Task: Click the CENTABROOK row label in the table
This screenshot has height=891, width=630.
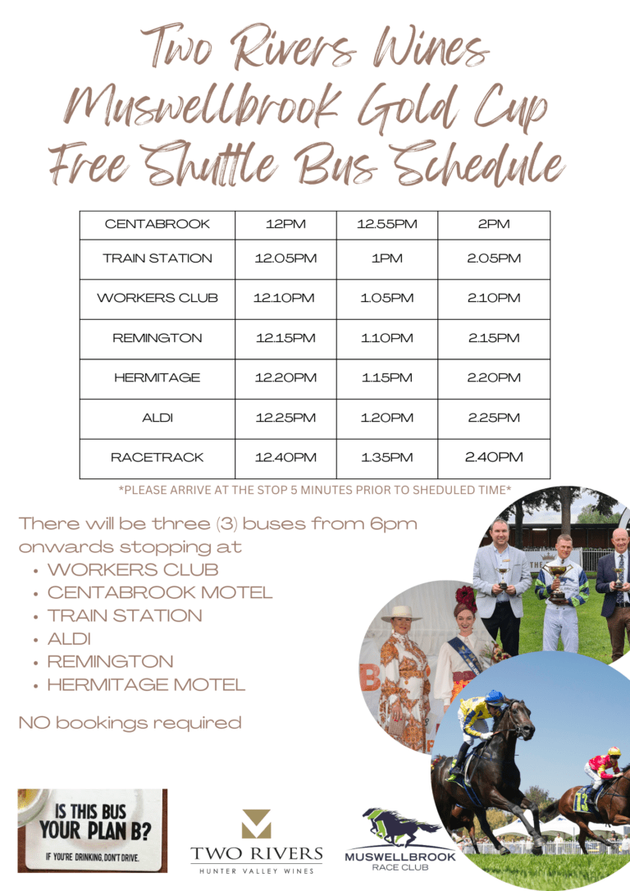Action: point(157,224)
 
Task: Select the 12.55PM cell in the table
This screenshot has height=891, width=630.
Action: point(387,224)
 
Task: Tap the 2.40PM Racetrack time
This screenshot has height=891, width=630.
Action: point(494,457)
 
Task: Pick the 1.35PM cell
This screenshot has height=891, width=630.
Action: point(387,457)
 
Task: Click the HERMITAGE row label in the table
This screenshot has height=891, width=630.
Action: point(157,377)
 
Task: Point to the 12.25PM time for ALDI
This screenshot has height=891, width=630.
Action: point(285,418)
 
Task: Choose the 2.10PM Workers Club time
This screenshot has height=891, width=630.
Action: point(494,298)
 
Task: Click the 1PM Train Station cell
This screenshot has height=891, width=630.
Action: point(387,258)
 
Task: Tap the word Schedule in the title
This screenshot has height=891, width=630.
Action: point(477,163)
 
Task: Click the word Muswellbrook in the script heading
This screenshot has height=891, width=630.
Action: point(202,107)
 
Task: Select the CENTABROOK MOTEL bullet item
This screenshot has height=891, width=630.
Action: point(160,592)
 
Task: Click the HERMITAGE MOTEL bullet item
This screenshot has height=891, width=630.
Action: point(147,685)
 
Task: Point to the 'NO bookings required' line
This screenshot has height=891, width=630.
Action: point(130,723)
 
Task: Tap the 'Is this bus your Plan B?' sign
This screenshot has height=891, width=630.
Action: point(93,830)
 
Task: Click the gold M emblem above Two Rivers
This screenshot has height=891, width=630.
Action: point(256,824)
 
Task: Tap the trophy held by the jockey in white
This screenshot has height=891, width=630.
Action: point(558,579)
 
